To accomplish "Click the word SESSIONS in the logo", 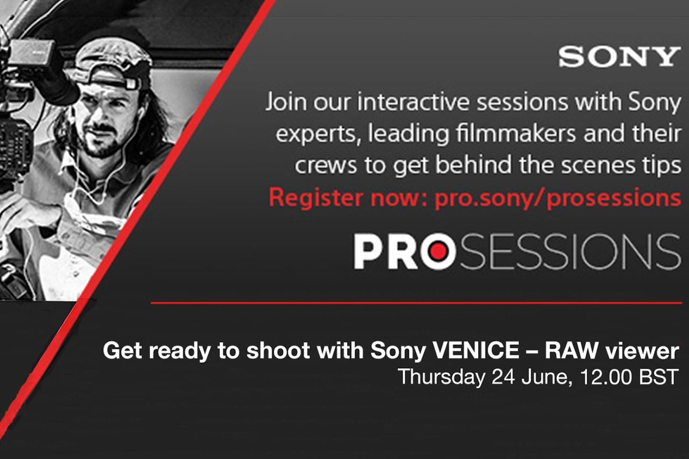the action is click(x=570, y=251).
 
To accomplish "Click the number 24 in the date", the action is click(x=503, y=377).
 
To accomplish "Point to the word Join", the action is click(x=286, y=102).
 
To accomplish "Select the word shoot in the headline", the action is click(x=278, y=350).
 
